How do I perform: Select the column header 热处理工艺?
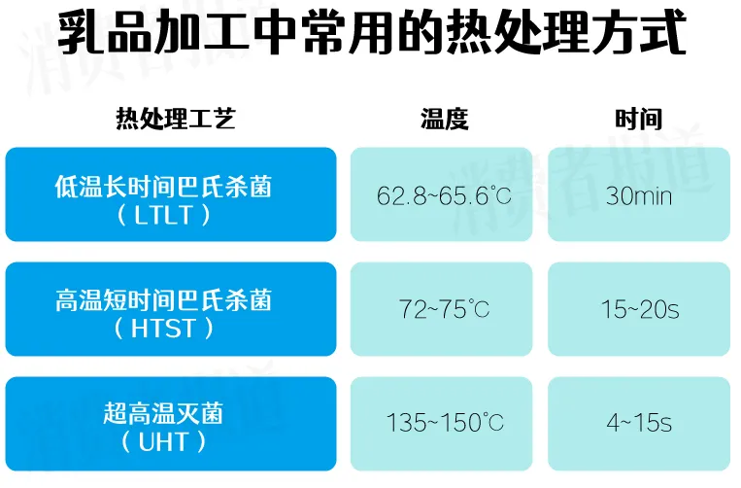[176, 119]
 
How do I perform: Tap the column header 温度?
[444, 119]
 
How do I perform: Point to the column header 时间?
[638, 119]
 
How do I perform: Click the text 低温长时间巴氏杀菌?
[163, 186]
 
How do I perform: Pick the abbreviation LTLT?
[163, 215]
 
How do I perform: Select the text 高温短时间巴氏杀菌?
[163, 299]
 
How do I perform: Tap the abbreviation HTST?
[163, 329]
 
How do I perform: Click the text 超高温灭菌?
[163, 413]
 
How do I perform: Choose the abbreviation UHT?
[163, 442]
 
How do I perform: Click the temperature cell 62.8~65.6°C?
[444, 195]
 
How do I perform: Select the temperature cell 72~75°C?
[444, 309]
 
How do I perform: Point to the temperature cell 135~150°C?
[445, 422]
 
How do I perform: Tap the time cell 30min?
[638, 195]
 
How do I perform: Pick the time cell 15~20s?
[640, 310]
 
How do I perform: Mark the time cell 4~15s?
[639, 423]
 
